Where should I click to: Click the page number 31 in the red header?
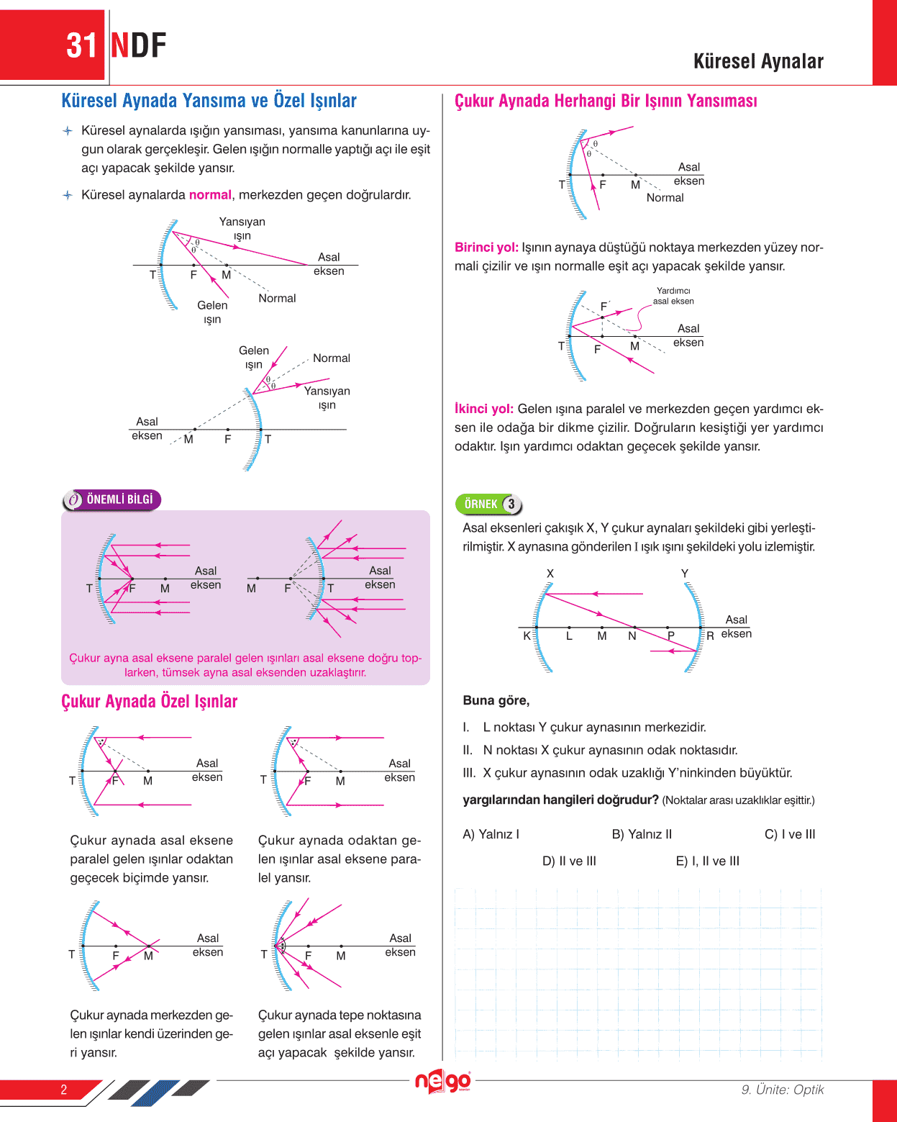point(81,46)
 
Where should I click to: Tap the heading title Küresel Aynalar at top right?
point(758,62)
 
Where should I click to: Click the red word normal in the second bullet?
point(210,195)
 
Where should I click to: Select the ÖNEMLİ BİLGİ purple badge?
point(112,499)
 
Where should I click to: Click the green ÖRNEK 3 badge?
point(489,504)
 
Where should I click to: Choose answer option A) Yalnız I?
point(491,834)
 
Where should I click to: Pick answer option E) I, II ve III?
point(707,861)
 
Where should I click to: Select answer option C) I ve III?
point(790,834)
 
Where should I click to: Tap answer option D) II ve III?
point(569,861)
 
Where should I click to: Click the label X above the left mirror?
point(550,574)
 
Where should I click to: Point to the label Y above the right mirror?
point(685,574)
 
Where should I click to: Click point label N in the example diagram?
point(632,636)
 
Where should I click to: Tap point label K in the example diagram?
point(527,636)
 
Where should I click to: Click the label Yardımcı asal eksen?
point(673,296)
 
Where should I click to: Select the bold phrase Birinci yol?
point(486,248)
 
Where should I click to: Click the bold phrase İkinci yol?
point(484,409)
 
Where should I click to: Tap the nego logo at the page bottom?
point(442,1081)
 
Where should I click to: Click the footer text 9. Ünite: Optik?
point(783,1090)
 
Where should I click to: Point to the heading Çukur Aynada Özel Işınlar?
point(149,702)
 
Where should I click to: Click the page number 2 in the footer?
point(63,1090)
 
